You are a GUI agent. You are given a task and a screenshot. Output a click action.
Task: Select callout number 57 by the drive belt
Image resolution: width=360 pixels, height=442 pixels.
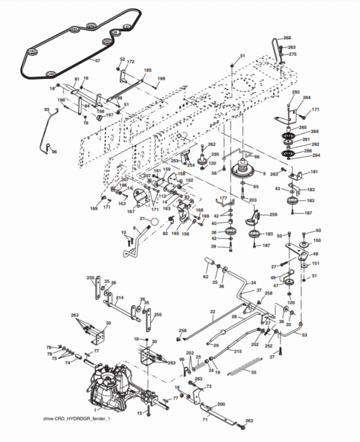[x=98, y=61]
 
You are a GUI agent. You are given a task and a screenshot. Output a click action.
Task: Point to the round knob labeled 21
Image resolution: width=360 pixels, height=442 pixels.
[x=154, y=222]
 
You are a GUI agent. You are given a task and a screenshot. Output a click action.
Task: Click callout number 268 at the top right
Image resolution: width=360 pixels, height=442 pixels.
[x=287, y=38]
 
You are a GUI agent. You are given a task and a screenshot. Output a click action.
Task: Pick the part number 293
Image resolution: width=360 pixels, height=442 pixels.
[x=296, y=92]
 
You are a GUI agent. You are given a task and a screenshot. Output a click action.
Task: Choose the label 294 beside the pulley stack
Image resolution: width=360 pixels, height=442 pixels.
[x=316, y=155]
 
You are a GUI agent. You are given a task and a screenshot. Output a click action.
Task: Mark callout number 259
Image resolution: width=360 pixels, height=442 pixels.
[x=274, y=214]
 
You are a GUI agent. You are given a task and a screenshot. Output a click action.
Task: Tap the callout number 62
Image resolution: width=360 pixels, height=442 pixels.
[x=206, y=277]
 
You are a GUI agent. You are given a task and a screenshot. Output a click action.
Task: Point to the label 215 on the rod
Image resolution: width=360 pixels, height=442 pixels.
[x=238, y=351]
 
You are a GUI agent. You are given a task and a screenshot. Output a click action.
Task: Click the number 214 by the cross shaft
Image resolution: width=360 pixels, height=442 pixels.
[x=120, y=297]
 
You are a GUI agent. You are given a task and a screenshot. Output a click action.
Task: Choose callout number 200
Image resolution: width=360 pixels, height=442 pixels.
[x=221, y=404]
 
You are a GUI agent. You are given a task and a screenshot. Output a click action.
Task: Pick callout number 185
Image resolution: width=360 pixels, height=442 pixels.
[x=148, y=70]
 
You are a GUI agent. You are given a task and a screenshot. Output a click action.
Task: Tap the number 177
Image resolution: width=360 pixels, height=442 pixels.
[x=223, y=198]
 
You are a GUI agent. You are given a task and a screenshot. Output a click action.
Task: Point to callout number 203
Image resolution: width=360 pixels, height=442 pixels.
[x=253, y=199]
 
